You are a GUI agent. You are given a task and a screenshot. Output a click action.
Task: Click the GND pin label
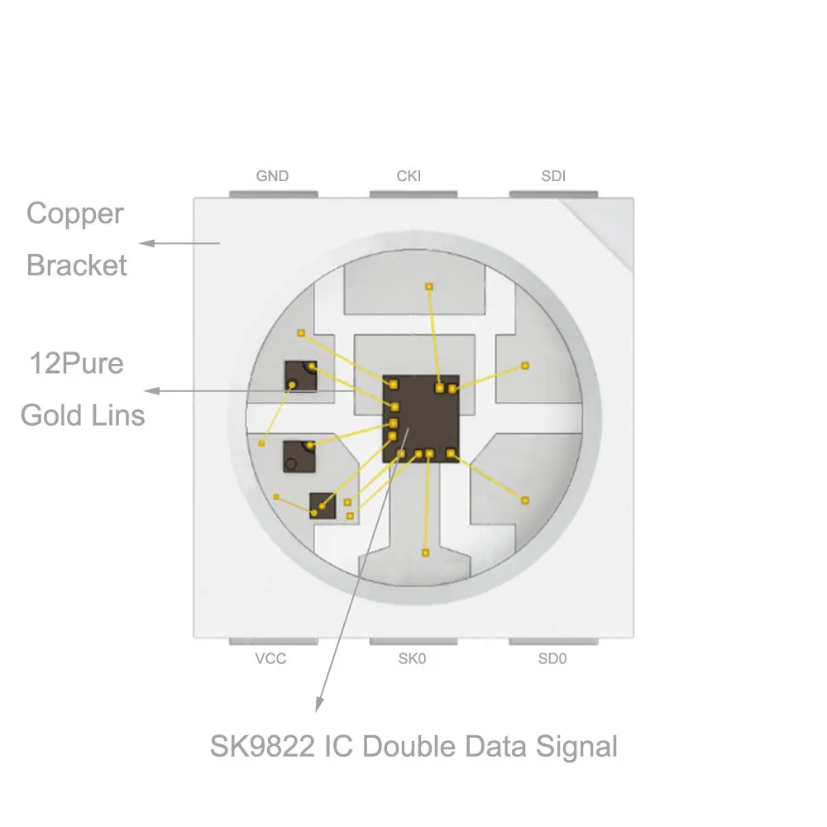[x=272, y=176]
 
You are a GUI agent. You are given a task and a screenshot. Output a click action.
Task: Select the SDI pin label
[x=553, y=176]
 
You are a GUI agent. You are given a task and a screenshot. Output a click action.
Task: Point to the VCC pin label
[x=271, y=659]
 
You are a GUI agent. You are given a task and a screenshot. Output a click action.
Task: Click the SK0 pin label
[x=412, y=659]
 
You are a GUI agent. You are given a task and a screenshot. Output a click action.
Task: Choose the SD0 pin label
[x=552, y=659]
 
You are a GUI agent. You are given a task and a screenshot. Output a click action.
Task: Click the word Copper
[x=75, y=214]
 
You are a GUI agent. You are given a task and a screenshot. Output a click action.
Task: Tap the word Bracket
[x=77, y=265]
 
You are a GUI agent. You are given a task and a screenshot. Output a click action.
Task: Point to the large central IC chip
[x=420, y=418]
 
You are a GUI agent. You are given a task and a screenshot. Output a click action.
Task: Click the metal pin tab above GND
[x=272, y=194]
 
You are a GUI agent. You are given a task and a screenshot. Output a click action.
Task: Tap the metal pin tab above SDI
[x=553, y=194]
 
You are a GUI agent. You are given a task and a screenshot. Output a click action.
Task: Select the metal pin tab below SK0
[x=413, y=641]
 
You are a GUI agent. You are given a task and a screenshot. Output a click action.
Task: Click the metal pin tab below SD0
[x=553, y=641]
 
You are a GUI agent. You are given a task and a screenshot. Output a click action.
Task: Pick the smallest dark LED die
[x=323, y=505]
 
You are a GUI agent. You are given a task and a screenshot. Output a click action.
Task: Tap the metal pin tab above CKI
[x=413, y=194]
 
